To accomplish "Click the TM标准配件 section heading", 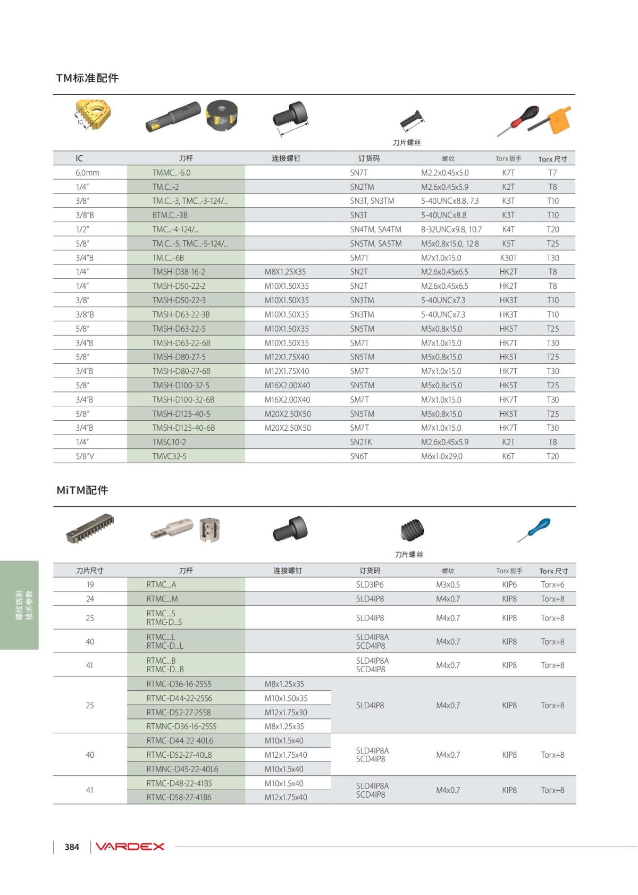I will pyautogui.click(x=87, y=78).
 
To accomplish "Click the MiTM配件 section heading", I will pyautogui.click(x=82, y=490).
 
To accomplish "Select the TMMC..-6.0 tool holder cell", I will pyautogui.click(x=171, y=173).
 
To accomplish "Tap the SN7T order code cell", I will pyautogui.click(x=359, y=173).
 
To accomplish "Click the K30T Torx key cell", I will pyautogui.click(x=508, y=258).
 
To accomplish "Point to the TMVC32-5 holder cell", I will pyautogui.click(x=170, y=456).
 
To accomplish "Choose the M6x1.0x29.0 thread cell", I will pyautogui.click(x=442, y=456).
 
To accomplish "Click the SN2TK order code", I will pyautogui.click(x=361, y=442).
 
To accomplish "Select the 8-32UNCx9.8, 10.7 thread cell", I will pyautogui.click(x=451, y=229).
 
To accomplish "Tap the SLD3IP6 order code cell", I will pyautogui.click(x=370, y=584).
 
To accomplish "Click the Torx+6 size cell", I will pyautogui.click(x=552, y=584).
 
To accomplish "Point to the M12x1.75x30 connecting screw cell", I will pyautogui.click(x=286, y=713).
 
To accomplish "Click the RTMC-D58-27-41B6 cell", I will pyautogui.click(x=179, y=797).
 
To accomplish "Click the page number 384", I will pyautogui.click(x=72, y=847).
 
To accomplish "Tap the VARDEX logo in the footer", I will pyautogui.click(x=130, y=847).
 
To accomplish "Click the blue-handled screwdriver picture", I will pyautogui.click(x=534, y=530).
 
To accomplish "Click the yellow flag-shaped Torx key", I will pyautogui.click(x=560, y=121).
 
